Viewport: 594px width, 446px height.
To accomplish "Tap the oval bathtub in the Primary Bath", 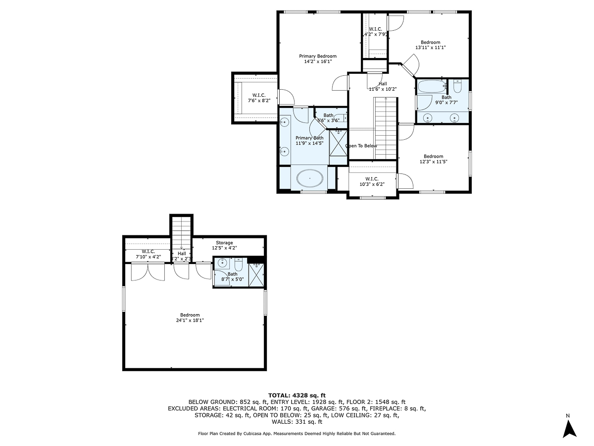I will click(310, 178).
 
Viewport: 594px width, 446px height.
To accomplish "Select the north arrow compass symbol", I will click(570, 428).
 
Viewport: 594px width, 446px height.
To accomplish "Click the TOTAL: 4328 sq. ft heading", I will click(297, 395).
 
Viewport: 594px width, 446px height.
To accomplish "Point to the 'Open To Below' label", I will click(361, 146).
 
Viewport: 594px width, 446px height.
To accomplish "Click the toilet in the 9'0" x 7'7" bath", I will click(457, 88).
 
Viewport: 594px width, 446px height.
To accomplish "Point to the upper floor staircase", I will click(386, 127).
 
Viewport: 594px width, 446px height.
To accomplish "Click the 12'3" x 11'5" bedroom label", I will click(433, 159).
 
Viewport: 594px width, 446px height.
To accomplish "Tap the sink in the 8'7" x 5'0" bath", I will click(223, 262).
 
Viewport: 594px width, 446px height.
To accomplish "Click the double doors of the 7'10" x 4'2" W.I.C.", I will click(148, 272).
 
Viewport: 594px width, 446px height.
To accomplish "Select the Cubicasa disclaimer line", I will click(297, 433).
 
